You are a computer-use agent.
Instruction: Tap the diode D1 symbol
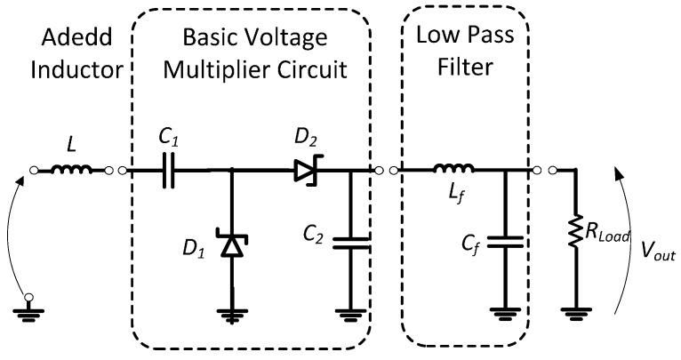point(232,244)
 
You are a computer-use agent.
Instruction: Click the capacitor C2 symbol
point(349,241)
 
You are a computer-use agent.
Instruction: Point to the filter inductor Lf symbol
point(453,169)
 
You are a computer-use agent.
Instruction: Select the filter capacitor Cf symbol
point(505,241)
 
